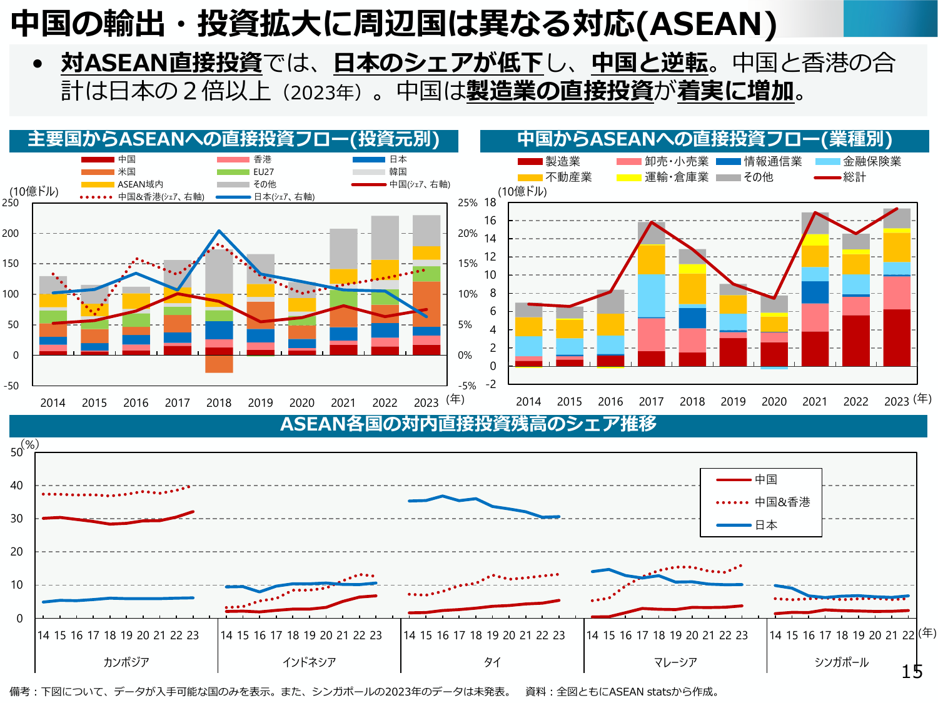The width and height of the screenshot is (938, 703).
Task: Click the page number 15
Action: pyautogui.click(x=912, y=672)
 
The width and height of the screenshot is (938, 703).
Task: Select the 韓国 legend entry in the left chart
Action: pyautogui.click(x=398, y=172)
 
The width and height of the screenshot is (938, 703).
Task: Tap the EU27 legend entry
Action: pyautogui.click(x=263, y=172)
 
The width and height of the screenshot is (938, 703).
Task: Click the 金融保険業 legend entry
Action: pyautogui.click(x=872, y=162)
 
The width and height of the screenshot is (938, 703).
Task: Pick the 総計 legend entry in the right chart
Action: pyautogui.click(x=854, y=177)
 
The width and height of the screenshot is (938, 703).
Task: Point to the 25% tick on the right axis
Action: pyautogui.click(x=467, y=203)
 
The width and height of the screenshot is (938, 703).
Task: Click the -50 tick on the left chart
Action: pyautogui.click(x=11, y=386)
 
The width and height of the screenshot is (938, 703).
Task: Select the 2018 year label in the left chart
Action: pyautogui.click(x=219, y=403)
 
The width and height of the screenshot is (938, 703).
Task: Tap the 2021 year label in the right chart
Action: pyautogui.click(x=815, y=402)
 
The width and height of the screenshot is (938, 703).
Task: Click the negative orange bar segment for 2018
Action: pyautogui.click(x=219, y=364)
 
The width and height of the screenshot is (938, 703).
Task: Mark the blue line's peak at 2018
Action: pyautogui.click(x=219, y=231)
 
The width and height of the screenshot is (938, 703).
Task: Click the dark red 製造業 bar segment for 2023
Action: pyautogui.click(x=897, y=337)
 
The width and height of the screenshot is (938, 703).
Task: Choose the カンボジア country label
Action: pyautogui.click(x=126, y=662)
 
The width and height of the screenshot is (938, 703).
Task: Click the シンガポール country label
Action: pyautogui.click(x=842, y=662)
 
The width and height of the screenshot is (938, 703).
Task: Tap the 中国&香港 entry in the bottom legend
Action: pyautogui.click(x=782, y=502)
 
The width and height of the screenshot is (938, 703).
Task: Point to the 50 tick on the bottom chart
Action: pyautogui.click(x=16, y=452)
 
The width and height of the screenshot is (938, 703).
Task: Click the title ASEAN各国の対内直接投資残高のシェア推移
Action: pyautogui.click(x=468, y=424)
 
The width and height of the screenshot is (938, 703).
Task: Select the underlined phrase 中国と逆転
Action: pyautogui.click(x=650, y=62)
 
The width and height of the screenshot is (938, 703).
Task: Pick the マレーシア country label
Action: pyautogui.click(x=675, y=662)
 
